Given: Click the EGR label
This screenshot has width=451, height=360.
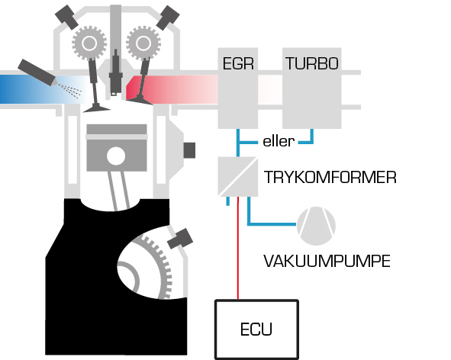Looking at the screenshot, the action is point(238,63).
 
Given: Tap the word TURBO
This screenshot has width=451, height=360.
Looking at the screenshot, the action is point(312,63).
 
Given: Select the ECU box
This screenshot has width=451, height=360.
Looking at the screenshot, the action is point(256,329).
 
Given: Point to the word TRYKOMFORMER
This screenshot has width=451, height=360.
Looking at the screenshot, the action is point(330,177).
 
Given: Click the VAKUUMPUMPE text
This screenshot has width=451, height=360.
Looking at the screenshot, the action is point(327,261).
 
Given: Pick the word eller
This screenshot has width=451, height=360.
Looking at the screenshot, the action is point(279,141).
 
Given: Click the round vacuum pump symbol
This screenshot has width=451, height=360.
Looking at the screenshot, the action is point(316,226).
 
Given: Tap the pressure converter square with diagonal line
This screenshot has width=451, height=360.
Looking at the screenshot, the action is point(238,176).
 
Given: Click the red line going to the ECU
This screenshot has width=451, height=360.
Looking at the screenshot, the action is point(238,248).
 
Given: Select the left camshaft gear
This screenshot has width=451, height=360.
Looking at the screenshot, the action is point(89,43).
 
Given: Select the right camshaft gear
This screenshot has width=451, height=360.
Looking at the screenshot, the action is point(143,43).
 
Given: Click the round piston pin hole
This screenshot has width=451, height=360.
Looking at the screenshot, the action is point(116,156).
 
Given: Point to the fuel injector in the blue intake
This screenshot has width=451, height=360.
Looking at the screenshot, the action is point(37,72).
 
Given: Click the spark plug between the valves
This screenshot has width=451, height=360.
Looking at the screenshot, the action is point(116,72).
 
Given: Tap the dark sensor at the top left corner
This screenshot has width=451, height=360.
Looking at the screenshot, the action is point(66,17).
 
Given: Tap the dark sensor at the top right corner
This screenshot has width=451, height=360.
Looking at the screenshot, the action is point(168,18).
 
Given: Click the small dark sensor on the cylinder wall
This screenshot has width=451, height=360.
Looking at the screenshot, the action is point(189,150).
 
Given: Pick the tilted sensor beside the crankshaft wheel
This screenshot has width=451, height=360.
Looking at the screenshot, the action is point(180,239).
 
